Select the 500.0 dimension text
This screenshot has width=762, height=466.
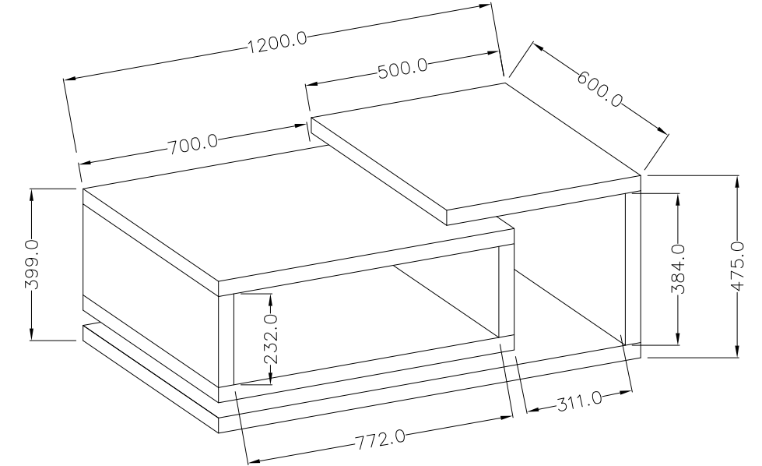(403, 68)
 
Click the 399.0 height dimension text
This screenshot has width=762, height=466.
(32, 264)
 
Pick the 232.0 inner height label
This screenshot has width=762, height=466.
(271, 340)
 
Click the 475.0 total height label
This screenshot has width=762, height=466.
(737, 267)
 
